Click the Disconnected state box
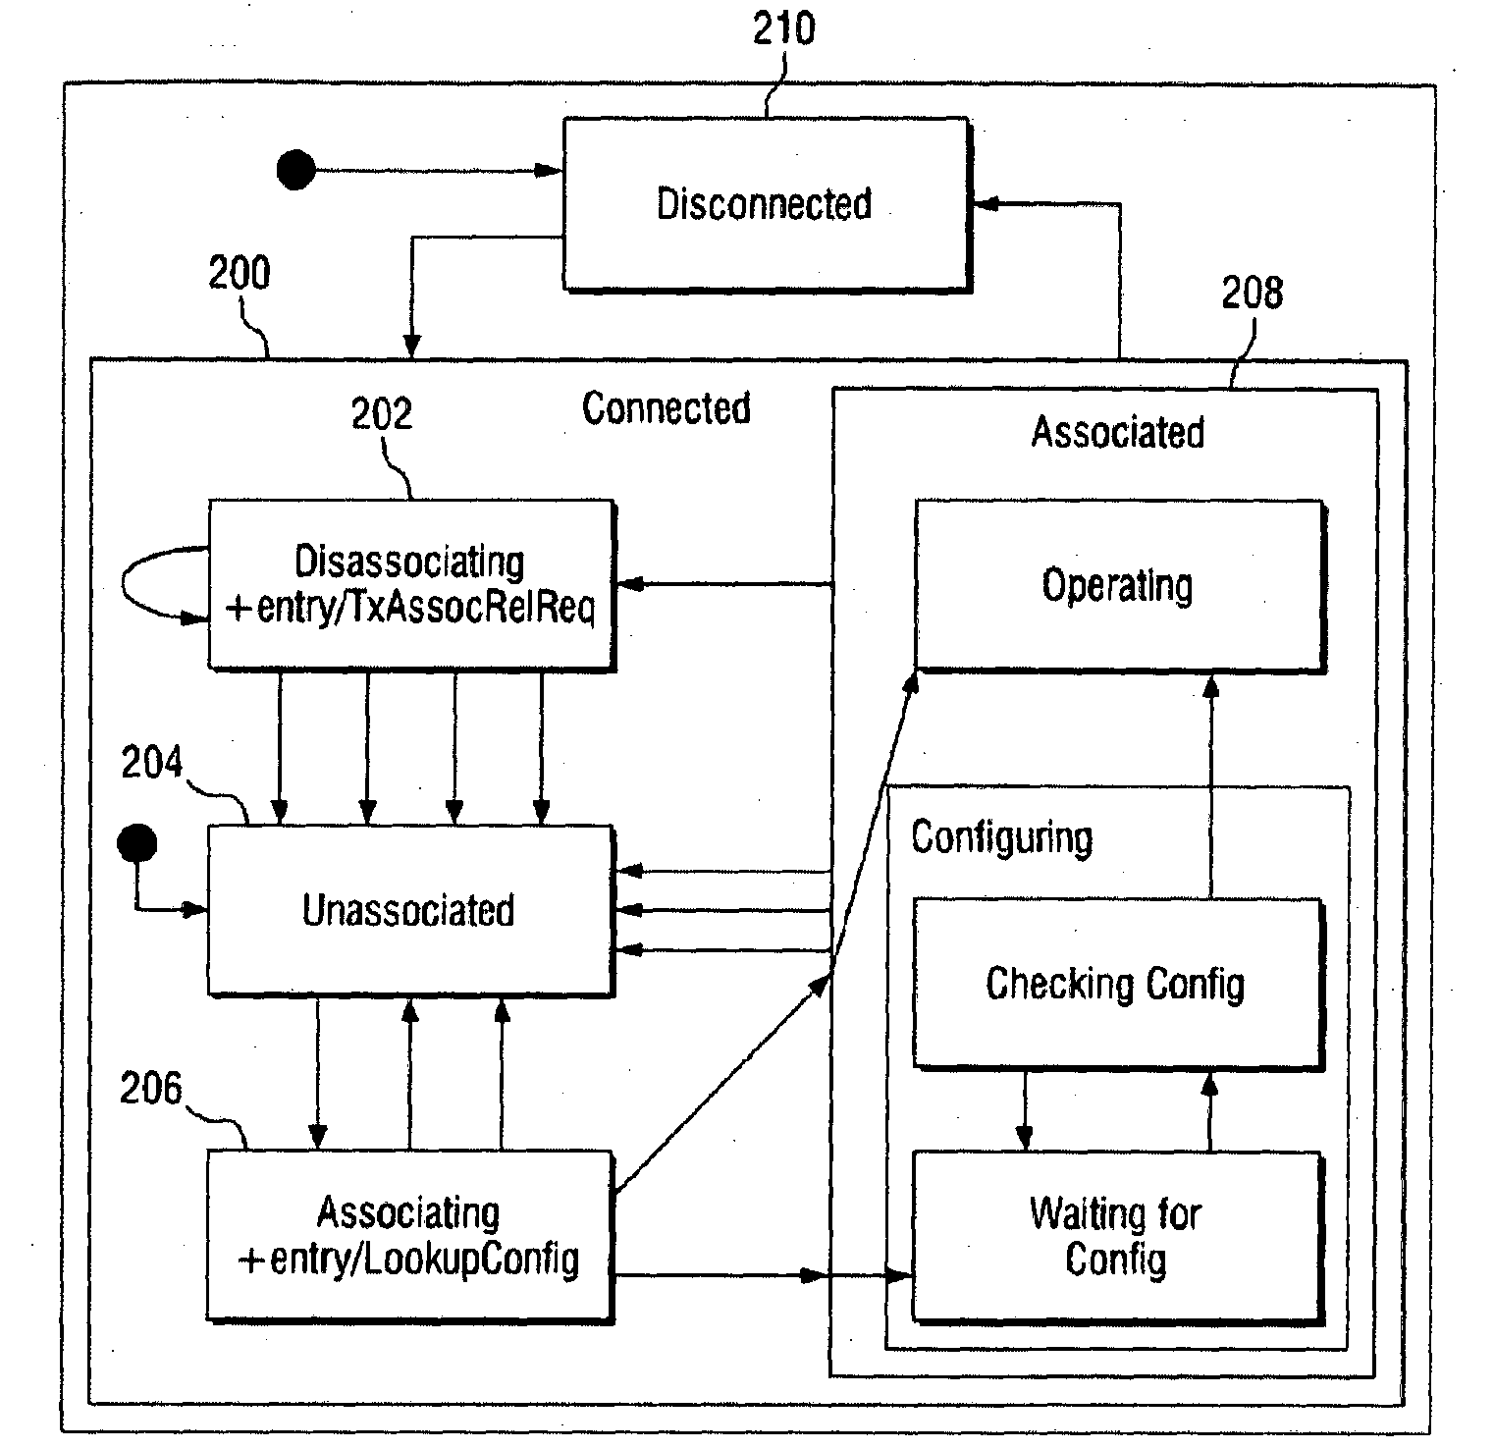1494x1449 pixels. coord(767,204)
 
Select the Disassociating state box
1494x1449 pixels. coord(411,585)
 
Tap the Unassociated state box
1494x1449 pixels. coord(410,910)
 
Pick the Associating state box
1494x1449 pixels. coord(410,1237)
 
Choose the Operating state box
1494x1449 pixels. coord(1119,586)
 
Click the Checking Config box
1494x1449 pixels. coord(1118,984)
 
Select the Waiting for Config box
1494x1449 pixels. coord(1118,1237)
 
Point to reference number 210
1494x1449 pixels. coord(783,29)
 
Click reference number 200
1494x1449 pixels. coord(239,273)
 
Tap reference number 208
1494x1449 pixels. coord(1252,293)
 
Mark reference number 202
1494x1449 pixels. coord(382,414)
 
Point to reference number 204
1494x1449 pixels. coord(152,763)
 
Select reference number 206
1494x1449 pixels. coord(151,1089)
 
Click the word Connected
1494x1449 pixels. coord(667,408)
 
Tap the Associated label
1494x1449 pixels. coord(1118,432)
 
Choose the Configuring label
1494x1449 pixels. coord(1001,838)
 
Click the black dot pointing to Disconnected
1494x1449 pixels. coord(295,170)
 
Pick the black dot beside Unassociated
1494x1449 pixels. coord(136,842)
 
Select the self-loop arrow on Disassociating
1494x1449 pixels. coord(124,586)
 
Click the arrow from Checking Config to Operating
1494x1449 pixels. coord(1210,785)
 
